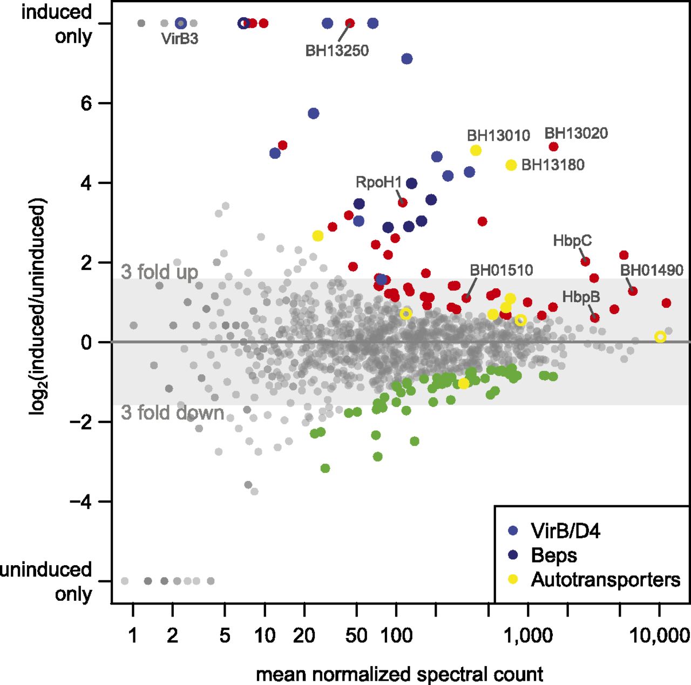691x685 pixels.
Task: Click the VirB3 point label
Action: pyautogui.click(x=180, y=39)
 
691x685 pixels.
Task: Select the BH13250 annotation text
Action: pyautogui.click(x=337, y=51)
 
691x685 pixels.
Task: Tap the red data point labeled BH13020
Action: pyautogui.click(x=553, y=147)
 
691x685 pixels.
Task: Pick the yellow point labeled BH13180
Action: pyautogui.click(x=511, y=165)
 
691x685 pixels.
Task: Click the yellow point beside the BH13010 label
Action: pyautogui.click(x=476, y=151)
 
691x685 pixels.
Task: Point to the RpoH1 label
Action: pyautogui.click(x=378, y=182)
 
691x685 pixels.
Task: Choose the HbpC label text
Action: pyautogui.click(x=572, y=241)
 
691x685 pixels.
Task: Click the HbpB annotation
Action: pyautogui.click(x=581, y=296)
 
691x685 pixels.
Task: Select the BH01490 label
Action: pyautogui.click(x=652, y=270)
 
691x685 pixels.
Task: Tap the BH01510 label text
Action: pyautogui.click(x=502, y=270)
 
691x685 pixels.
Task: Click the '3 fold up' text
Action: pyautogui.click(x=159, y=272)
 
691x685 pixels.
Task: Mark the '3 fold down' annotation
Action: pyautogui.click(x=173, y=412)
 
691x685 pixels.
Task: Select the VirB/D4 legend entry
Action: pyautogui.click(x=565, y=531)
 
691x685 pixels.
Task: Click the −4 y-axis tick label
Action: pyautogui.click(x=81, y=501)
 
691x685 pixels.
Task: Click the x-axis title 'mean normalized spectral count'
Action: pyautogui.click(x=399, y=674)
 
